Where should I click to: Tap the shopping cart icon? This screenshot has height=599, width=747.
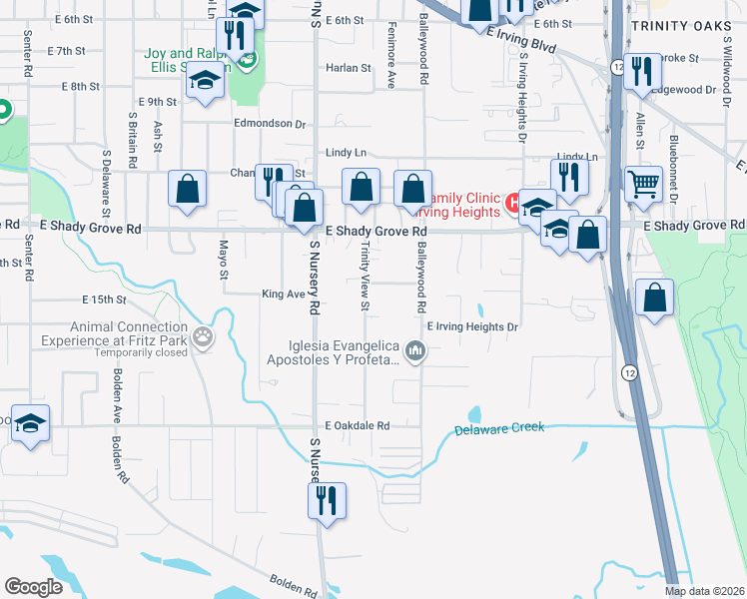[x=644, y=184]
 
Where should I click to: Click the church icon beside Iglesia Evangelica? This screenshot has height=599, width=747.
[x=417, y=350]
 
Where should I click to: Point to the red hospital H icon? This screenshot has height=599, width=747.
[x=514, y=203]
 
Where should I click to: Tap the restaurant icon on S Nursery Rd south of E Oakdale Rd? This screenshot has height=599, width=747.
[x=326, y=501]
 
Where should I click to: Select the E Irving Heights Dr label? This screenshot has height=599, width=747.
[x=473, y=326]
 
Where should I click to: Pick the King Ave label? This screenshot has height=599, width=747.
[x=283, y=295]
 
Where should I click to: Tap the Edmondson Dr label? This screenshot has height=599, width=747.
[x=269, y=124]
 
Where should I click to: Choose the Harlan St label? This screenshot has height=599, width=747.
[x=348, y=68]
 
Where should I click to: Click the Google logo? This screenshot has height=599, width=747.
[x=33, y=587]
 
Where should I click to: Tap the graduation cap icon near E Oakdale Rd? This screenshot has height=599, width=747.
[x=31, y=422]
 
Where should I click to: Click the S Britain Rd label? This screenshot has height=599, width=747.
[x=132, y=138]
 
